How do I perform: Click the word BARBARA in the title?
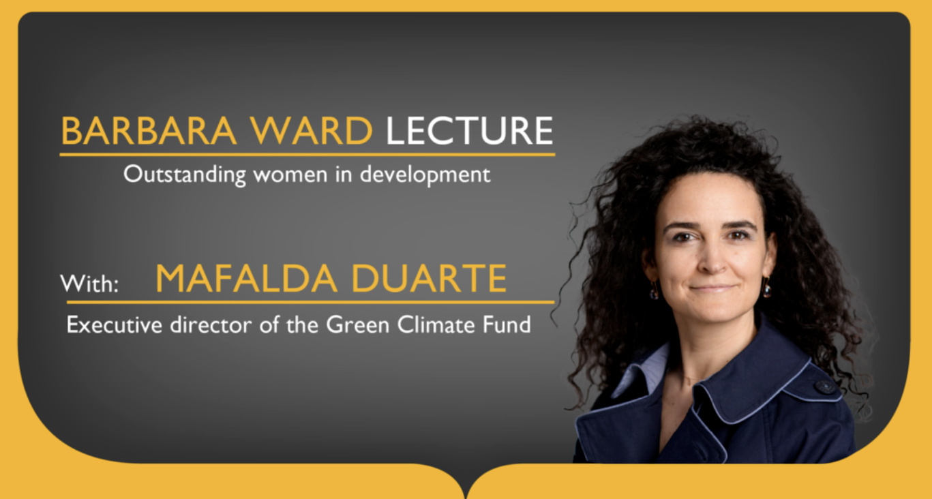click(149, 131)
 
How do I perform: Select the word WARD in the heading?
click(311, 131)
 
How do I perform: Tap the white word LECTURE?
click(469, 131)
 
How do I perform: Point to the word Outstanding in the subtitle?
click(184, 175)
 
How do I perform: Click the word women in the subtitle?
click(290, 175)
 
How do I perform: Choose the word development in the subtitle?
click(425, 175)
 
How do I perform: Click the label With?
click(89, 284)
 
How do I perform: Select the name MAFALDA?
click(246, 278)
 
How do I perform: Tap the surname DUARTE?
click(429, 278)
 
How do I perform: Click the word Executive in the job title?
click(114, 324)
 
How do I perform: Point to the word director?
click(211, 324)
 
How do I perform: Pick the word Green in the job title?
click(357, 324)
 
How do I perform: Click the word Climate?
click(436, 324)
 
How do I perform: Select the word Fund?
click(507, 324)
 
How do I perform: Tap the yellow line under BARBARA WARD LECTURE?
click(307, 155)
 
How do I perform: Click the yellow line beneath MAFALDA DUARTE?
click(310, 302)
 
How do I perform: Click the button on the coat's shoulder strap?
click(825, 387)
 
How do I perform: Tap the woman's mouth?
click(712, 288)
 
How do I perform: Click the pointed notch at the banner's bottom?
click(466, 496)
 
